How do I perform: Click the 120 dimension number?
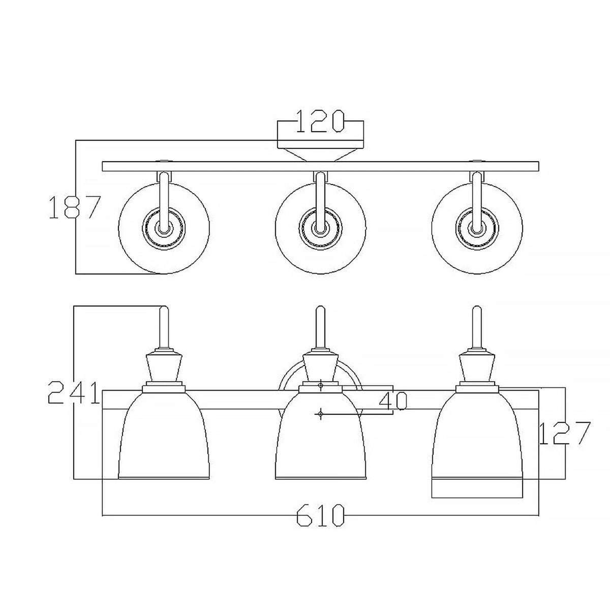tap(320, 122)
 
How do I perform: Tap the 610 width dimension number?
tap(320, 515)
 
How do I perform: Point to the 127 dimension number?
tap(564, 433)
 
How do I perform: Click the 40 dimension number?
tap(393, 401)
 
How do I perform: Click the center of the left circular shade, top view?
tap(163, 227)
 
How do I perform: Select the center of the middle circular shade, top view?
tap(320, 227)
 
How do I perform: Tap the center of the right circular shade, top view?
tap(476, 227)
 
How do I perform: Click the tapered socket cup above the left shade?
tap(164, 368)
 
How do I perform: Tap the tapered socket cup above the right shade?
tap(477, 368)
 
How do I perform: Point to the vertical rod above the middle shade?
tap(320, 328)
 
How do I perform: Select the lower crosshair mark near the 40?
tap(320, 414)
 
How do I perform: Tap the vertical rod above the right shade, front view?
tap(477, 328)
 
